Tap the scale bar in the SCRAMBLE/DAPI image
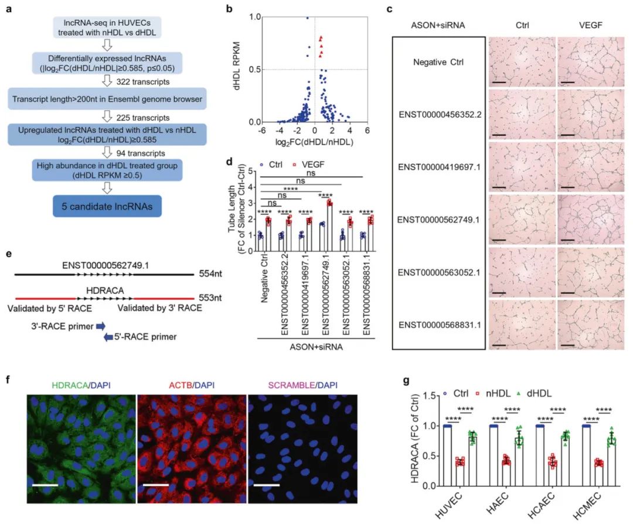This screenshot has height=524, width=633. tap(262, 485)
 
